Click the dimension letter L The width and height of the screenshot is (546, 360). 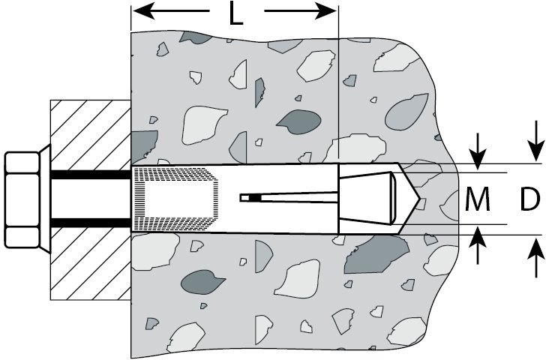[x=235, y=13]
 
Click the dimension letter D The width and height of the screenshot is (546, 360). [x=531, y=199]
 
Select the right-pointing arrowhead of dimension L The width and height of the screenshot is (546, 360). [x=327, y=12]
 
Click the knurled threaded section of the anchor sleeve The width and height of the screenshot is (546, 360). [x=172, y=199]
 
